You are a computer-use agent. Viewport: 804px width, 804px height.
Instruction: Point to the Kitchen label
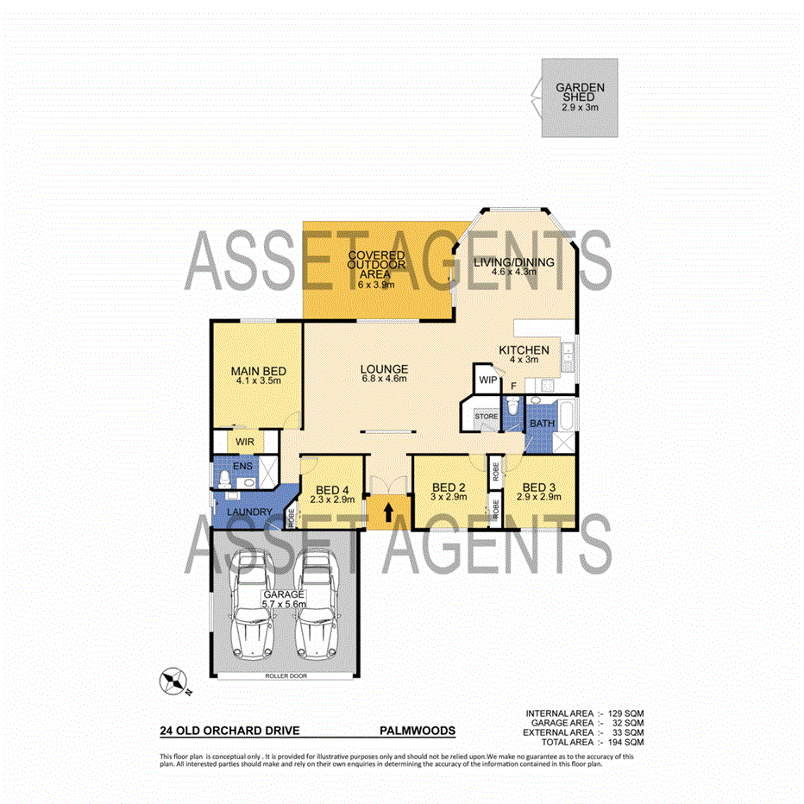(524, 350)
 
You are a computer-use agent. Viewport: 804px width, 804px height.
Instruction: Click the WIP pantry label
(487, 380)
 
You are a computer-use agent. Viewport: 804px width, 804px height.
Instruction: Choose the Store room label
(487, 418)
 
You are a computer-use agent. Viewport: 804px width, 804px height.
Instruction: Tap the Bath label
(542, 424)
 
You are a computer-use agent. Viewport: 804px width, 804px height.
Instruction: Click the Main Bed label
(258, 373)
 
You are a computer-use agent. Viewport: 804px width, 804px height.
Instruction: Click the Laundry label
(249, 512)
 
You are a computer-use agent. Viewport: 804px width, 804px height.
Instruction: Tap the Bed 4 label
(327, 492)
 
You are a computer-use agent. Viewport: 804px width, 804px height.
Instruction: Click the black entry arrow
(387, 512)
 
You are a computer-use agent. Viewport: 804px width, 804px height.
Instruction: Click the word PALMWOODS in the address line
(418, 730)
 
